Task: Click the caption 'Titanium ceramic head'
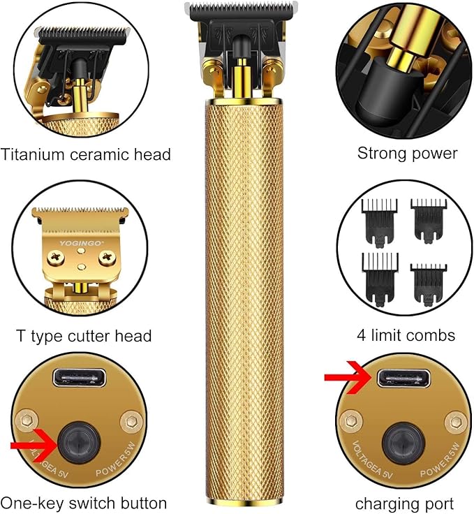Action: (86, 154)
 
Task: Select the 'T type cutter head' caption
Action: (84, 336)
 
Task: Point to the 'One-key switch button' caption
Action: (84, 503)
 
